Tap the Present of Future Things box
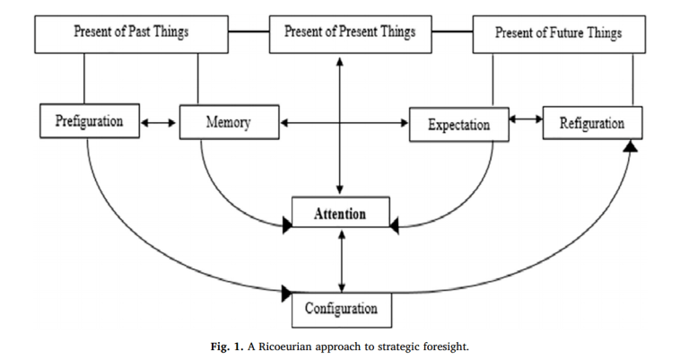click(558, 34)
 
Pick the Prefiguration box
click(89, 121)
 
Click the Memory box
click(228, 121)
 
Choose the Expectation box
click(458, 124)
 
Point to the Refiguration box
click(591, 123)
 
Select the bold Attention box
click(340, 214)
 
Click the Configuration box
click(340, 309)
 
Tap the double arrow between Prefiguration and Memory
click(159, 122)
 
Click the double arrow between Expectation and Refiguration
click(526, 119)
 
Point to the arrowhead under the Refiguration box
click(631, 145)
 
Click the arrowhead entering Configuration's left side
click(287, 292)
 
